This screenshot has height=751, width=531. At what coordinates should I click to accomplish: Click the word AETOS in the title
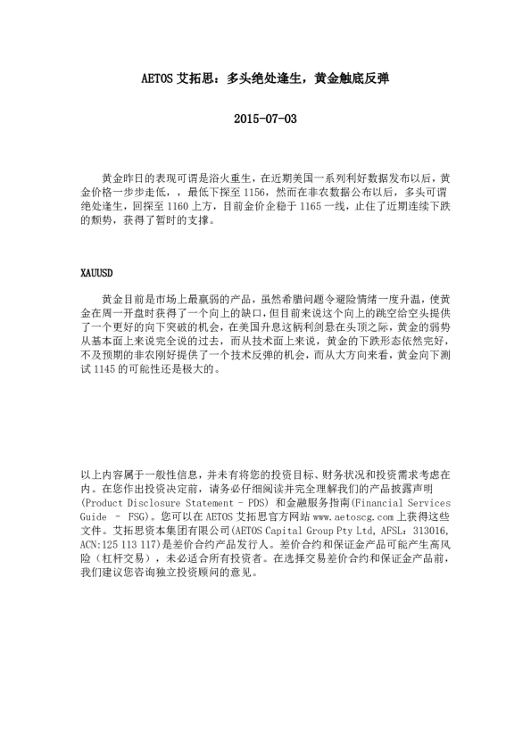(160, 78)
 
